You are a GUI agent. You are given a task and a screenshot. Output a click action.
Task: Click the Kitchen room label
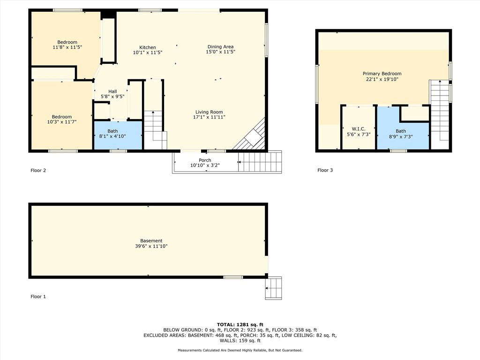147,47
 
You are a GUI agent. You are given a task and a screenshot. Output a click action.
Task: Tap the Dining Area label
220,46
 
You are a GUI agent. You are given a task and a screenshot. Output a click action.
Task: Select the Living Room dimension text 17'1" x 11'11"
209,118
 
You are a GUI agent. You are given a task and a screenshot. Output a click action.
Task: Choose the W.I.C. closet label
358,129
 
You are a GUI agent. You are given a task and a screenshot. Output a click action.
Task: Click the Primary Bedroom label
382,74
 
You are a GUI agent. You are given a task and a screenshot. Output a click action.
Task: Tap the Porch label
205,160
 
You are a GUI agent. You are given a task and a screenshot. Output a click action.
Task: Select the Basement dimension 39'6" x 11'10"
151,246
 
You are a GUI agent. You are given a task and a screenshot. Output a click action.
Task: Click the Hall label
112,91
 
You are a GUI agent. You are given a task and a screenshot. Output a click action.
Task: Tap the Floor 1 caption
38,297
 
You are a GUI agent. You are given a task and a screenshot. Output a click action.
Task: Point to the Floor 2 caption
38,171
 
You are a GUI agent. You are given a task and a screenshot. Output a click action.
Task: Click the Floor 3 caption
325,171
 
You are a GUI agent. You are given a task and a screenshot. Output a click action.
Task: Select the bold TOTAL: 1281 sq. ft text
240,324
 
